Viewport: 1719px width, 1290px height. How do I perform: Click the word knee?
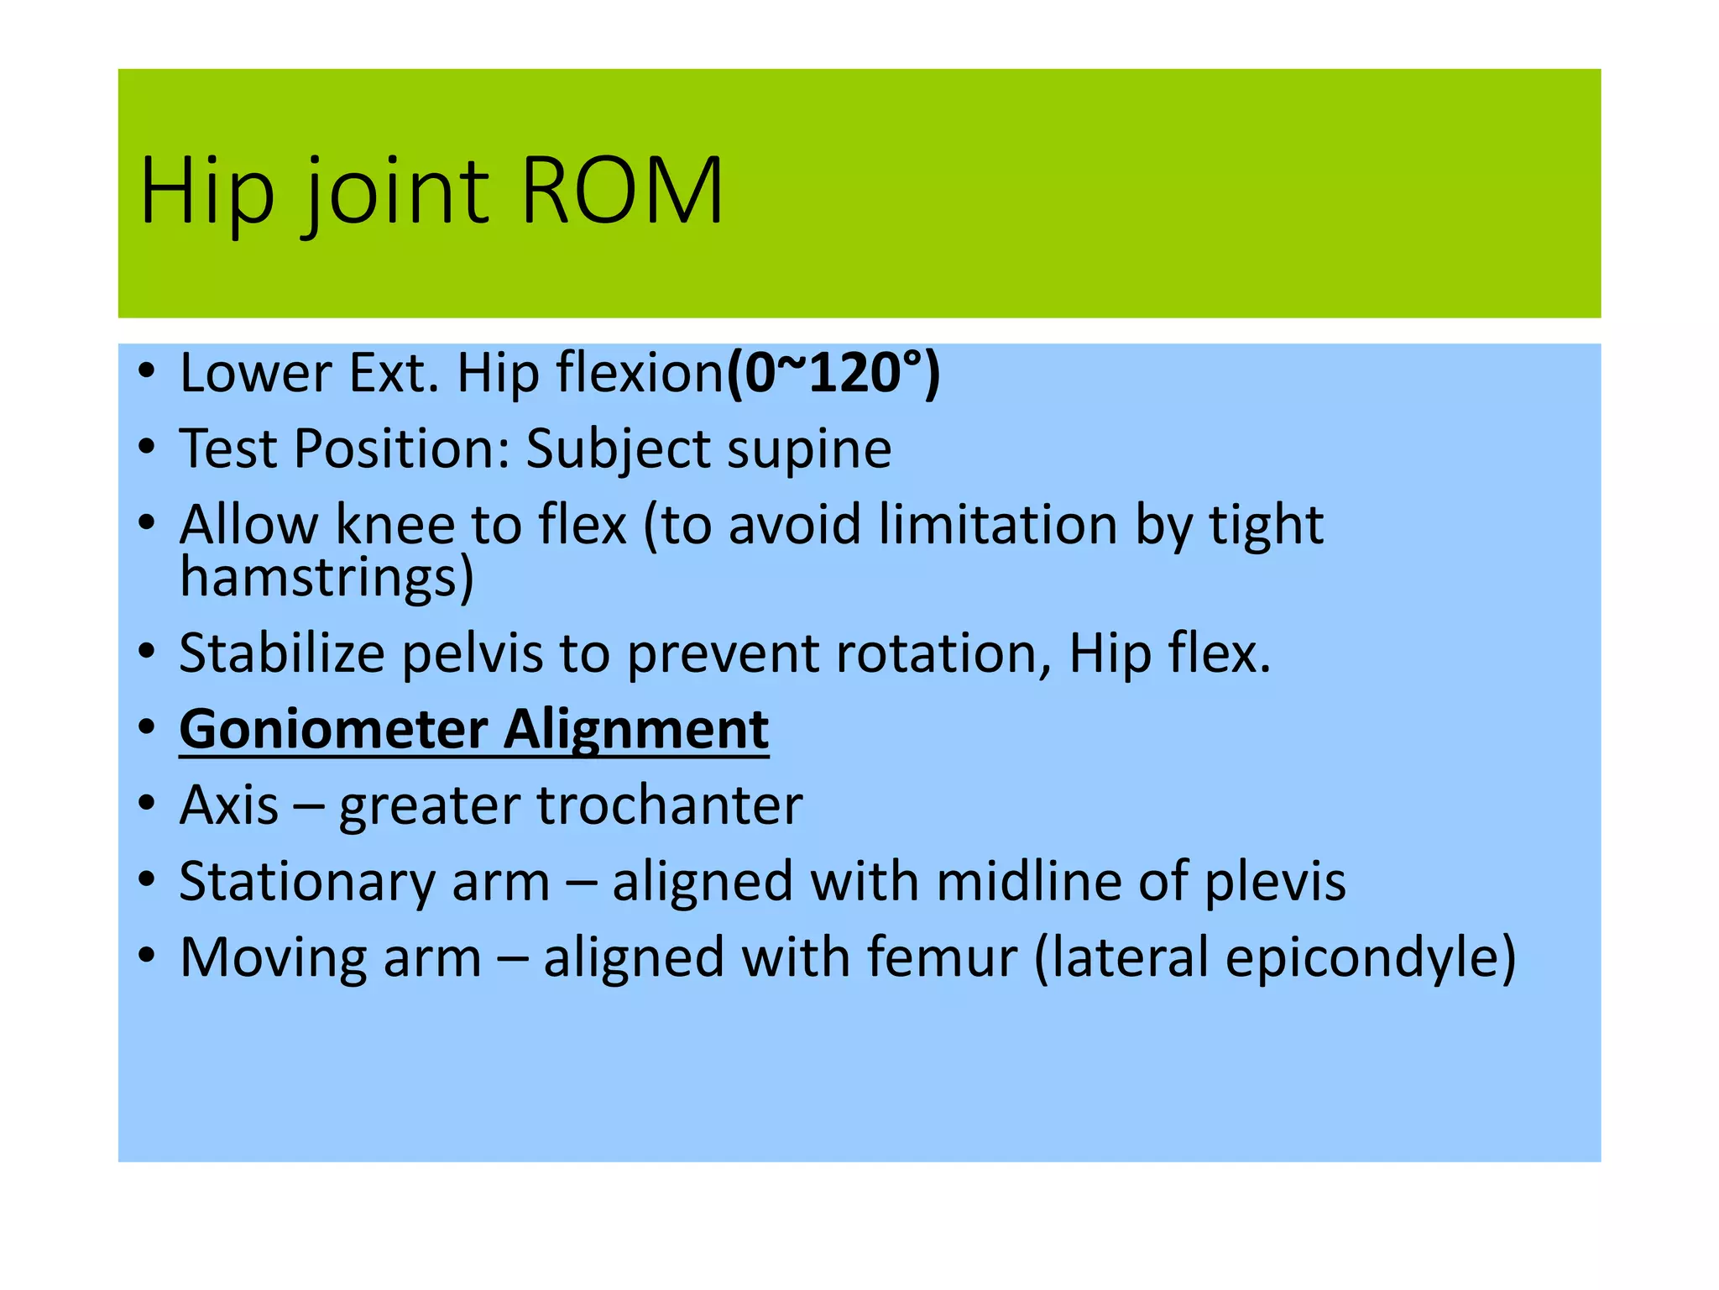point(394,525)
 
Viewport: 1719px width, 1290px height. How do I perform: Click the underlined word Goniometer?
point(333,729)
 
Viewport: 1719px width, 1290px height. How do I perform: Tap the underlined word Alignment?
point(635,729)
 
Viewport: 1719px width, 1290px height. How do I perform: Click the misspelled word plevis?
point(1275,882)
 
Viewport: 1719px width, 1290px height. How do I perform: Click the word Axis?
point(228,805)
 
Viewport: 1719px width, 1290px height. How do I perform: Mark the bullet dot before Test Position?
point(148,448)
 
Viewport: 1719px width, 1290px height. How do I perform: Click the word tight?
point(1266,525)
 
